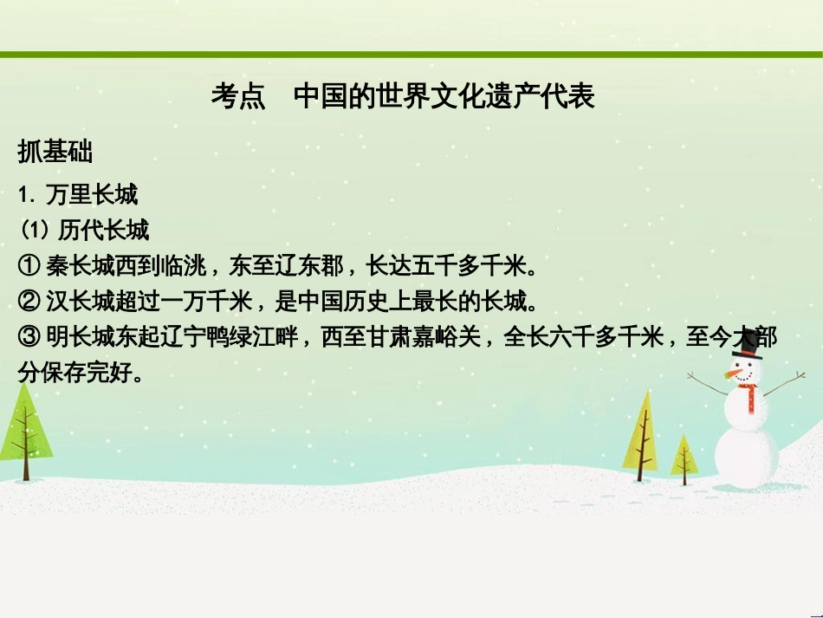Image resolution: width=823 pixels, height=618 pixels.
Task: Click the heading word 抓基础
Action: point(55,153)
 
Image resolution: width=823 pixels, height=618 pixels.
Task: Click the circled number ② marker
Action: point(29,302)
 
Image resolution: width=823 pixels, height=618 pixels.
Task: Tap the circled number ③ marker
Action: point(29,338)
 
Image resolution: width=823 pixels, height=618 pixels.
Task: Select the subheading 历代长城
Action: point(103,231)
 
